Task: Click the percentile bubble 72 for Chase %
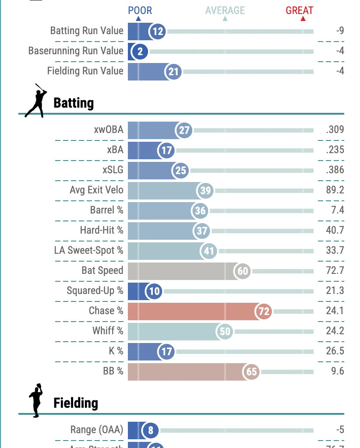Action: pyautogui.click(x=264, y=311)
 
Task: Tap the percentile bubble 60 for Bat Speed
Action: pyautogui.click(x=243, y=271)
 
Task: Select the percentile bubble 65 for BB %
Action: pyautogui.click(x=251, y=372)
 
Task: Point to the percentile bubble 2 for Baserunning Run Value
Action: pyautogui.click(x=140, y=52)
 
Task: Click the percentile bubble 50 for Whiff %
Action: pyautogui.click(x=225, y=332)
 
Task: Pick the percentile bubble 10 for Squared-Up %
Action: pyautogui.click(x=155, y=291)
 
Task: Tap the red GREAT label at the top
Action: pyautogui.click(x=300, y=10)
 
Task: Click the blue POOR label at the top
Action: pyautogui.click(x=140, y=10)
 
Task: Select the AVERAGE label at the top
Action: pyautogui.click(x=225, y=10)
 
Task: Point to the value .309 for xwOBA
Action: pyautogui.click(x=335, y=130)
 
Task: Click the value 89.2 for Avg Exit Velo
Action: pyautogui.click(x=335, y=190)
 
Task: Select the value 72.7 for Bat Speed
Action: pyautogui.click(x=335, y=271)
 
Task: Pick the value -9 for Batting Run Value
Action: pyautogui.click(x=340, y=31)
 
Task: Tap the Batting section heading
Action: pyautogui.click(x=74, y=103)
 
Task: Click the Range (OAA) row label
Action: pyautogui.click(x=97, y=430)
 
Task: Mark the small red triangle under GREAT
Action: pyautogui.click(x=303, y=19)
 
